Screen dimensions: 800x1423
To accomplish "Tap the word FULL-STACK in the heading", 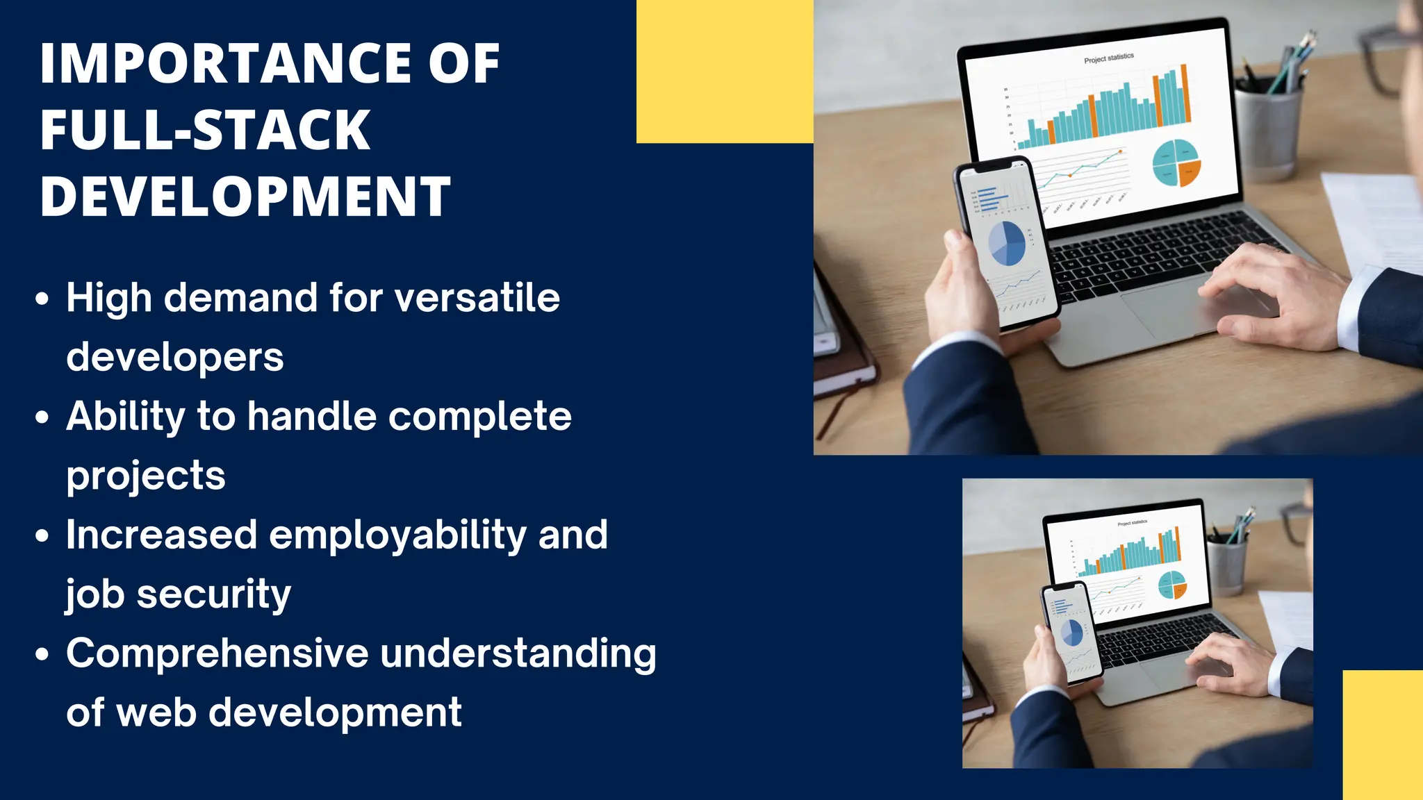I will point(205,130).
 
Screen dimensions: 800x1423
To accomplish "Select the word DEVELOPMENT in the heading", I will point(245,197).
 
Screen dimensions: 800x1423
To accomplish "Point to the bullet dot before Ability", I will point(42,417).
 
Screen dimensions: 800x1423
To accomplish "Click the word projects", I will point(146,476).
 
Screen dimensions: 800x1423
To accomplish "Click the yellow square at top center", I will point(725,71).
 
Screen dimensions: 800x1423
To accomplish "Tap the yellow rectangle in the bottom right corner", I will point(1382,734).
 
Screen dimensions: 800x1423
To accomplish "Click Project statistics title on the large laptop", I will point(1108,58).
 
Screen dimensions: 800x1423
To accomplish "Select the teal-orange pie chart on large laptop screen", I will point(1176,163).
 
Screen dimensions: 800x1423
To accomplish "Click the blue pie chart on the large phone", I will point(1007,244).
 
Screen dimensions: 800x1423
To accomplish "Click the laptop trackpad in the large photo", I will point(1174,312).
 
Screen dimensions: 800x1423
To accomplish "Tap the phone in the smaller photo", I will point(1071,632).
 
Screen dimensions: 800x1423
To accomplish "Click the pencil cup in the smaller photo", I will point(1228,564).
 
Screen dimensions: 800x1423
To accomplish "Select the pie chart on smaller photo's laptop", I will point(1172,585).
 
